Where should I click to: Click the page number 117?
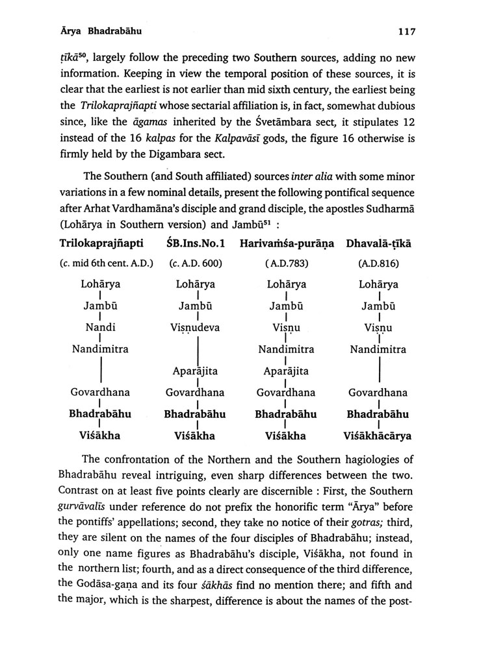click(x=413, y=31)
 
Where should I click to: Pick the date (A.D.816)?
click(x=378, y=264)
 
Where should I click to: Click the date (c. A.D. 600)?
click(x=195, y=264)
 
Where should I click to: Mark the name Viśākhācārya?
click(x=379, y=435)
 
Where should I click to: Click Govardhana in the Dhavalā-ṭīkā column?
click(x=378, y=392)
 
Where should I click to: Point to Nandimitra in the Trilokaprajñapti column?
click(x=100, y=349)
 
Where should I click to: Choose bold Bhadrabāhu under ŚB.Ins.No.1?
click(x=195, y=413)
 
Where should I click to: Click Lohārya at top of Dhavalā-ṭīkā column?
click(x=378, y=284)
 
